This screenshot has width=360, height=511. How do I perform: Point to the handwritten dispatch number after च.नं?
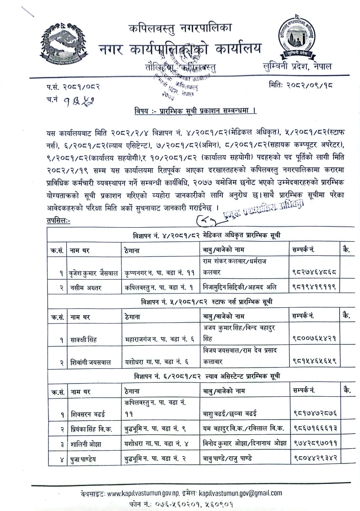(74, 100)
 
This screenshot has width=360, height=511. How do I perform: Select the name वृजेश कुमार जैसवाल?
(93, 273)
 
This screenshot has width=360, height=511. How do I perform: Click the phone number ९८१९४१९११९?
(314, 287)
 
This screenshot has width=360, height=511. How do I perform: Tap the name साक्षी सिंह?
(84, 339)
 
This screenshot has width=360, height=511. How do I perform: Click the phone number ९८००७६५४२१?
(314, 338)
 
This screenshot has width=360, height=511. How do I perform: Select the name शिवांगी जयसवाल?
(90, 362)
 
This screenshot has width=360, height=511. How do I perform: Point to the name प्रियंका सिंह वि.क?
(91, 429)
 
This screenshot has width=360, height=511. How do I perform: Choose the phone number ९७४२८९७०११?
(314, 443)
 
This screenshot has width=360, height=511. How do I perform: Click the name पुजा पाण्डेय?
(83, 459)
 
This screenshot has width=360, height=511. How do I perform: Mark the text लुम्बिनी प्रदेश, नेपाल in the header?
(297, 66)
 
